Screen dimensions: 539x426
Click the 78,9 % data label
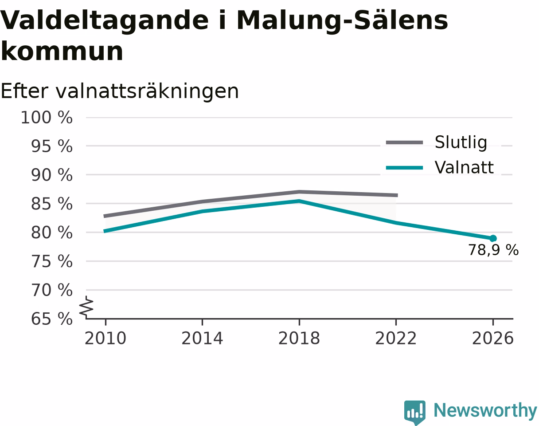pyautogui.click(x=493, y=250)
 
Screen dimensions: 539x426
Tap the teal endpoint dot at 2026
pyautogui.click(x=493, y=238)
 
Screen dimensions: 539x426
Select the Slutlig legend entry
pyautogui.click(x=437, y=142)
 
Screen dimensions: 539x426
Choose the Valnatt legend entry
pyautogui.click(x=440, y=167)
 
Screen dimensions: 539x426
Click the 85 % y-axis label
pyautogui.click(x=52, y=204)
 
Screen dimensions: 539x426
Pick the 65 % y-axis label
pyautogui.click(x=52, y=319)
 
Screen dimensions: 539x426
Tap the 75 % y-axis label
pyautogui.click(x=52, y=261)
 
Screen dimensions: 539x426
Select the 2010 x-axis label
pyautogui.click(x=105, y=338)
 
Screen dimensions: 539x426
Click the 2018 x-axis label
pyautogui.click(x=299, y=338)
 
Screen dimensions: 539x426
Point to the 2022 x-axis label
pyautogui.click(x=396, y=338)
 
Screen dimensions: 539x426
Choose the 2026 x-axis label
pyautogui.click(x=492, y=338)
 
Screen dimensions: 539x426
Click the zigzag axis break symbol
pyautogui.click(x=86, y=306)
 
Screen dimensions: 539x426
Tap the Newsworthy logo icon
pyautogui.click(x=415, y=412)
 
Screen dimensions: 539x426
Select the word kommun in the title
pyautogui.click(x=62, y=51)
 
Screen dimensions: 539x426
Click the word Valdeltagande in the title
pyautogui.click(x=105, y=21)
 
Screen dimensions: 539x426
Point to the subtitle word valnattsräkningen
pyautogui.click(x=147, y=91)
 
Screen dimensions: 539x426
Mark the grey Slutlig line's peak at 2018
pyautogui.click(x=299, y=192)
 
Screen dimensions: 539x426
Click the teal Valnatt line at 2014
pyautogui.click(x=203, y=211)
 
